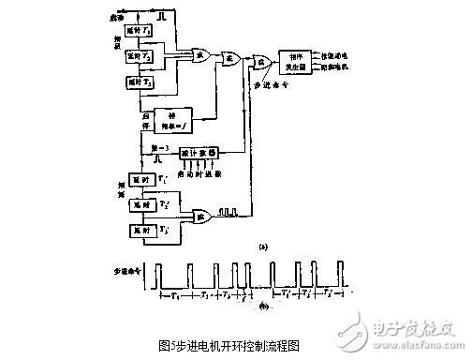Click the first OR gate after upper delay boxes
pos(199,55)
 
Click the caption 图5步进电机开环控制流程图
pos(235,344)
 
